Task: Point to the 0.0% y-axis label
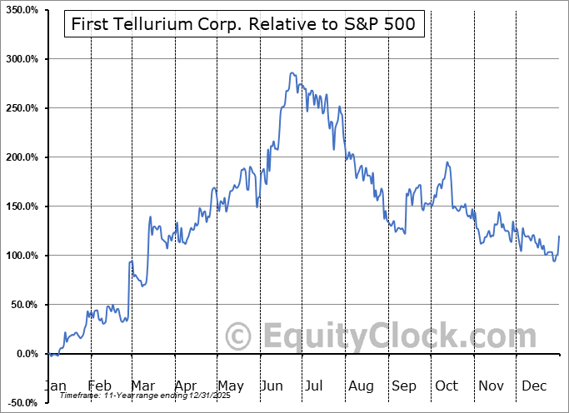[25, 354]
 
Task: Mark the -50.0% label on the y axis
[22, 403]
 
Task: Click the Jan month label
[55, 386]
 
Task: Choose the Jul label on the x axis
[315, 386]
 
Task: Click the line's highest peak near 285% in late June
[292, 73]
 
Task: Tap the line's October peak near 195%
[447, 162]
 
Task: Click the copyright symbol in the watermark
[239, 337]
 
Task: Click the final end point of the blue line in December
[559, 236]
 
